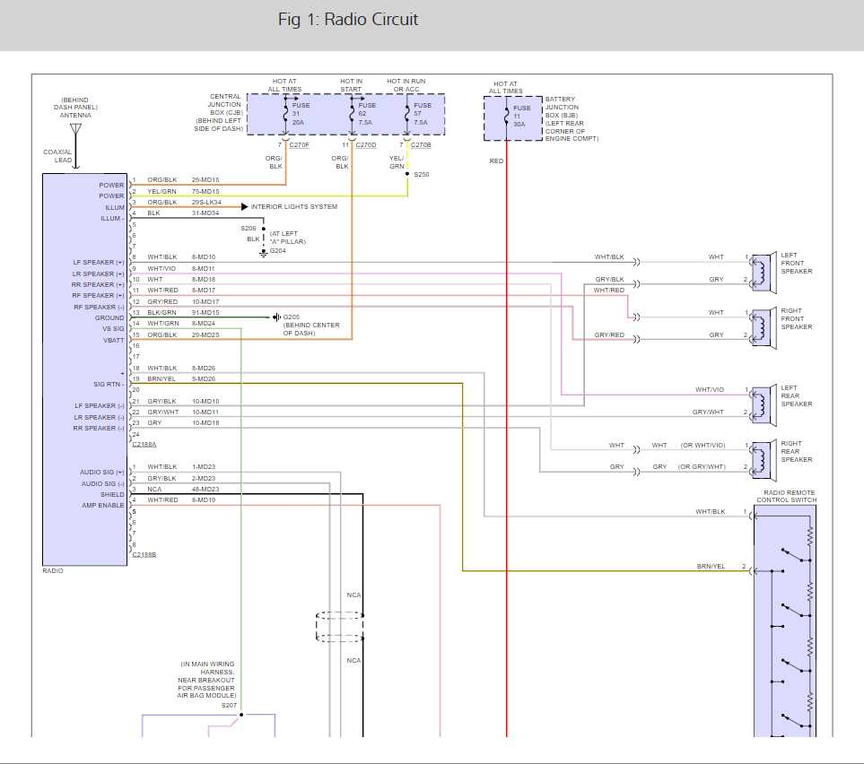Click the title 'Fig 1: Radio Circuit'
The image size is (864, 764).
[x=348, y=19]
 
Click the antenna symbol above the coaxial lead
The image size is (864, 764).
[x=75, y=131]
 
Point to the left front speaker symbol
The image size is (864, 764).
[x=763, y=273]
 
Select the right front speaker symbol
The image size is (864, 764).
[x=763, y=328]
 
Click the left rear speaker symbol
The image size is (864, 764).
[x=763, y=405]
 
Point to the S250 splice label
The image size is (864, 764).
[x=422, y=174]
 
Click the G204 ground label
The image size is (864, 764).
[x=278, y=252]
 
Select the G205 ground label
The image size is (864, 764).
[x=292, y=317]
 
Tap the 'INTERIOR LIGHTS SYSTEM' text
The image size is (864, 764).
[x=294, y=206]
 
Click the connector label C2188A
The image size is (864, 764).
[x=144, y=444]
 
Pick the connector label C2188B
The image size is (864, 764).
[x=144, y=555]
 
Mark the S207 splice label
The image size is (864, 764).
[x=231, y=706]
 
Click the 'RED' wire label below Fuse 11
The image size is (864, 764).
[x=496, y=161]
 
